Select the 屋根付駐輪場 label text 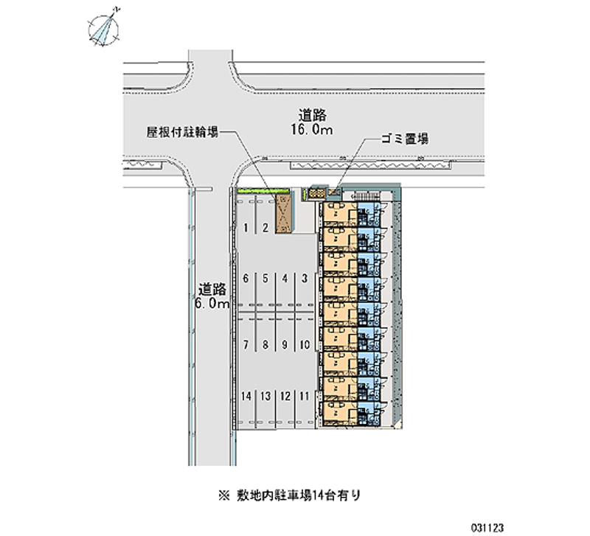[181, 133]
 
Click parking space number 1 [245, 228]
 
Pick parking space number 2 [264, 228]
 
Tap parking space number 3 [303, 279]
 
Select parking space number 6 [245, 279]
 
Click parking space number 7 [245, 344]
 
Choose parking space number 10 [303, 344]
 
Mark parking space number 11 [303, 396]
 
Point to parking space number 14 [245, 396]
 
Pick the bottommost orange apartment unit [338, 411]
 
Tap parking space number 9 [284, 344]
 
